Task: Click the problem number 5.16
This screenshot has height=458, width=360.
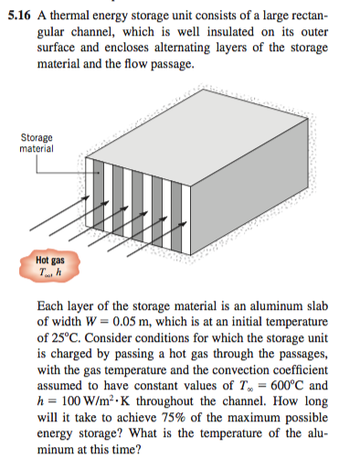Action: pyautogui.click(x=18, y=12)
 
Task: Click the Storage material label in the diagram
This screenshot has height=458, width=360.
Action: pyautogui.click(x=37, y=143)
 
